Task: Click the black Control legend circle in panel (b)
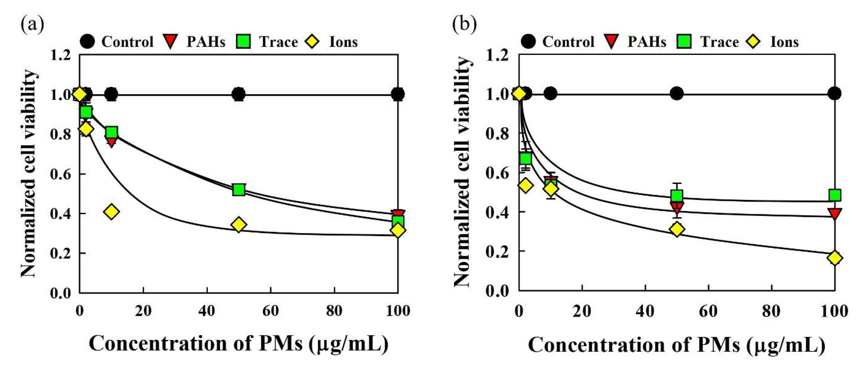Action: [528, 41]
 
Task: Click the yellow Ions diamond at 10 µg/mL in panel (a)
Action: [111, 212]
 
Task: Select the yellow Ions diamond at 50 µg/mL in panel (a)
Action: [238, 225]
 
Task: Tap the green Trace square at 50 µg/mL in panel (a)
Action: [238, 190]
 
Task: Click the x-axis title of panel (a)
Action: [238, 344]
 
